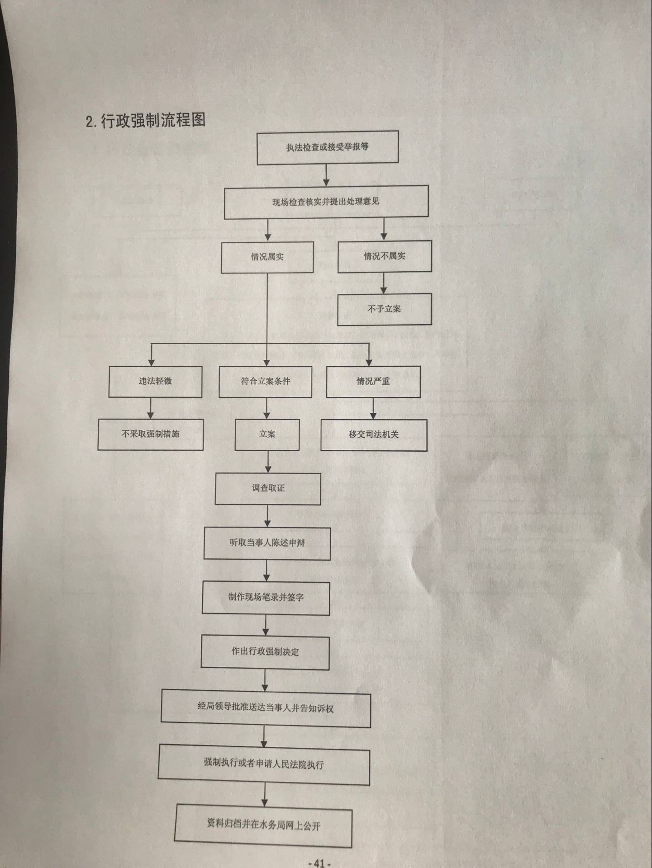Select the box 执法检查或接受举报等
click(328, 147)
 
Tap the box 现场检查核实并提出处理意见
click(326, 202)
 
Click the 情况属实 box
click(267, 257)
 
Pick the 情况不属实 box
click(385, 256)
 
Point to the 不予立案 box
click(384, 309)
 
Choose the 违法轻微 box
click(155, 382)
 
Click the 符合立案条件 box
click(266, 382)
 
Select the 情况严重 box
click(373, 382)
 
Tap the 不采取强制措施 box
click(151, 434)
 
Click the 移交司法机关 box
click(374, 435)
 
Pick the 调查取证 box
click(268, 489)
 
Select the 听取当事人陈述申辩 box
click(267, 543)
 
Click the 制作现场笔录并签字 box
click(266, 598)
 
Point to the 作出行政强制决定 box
click(265, 652)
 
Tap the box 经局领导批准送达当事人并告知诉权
click(266, 708)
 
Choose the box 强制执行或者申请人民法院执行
click(264, 764)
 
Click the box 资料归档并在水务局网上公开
click(263, 825)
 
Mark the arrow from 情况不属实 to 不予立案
click(384, 283)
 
